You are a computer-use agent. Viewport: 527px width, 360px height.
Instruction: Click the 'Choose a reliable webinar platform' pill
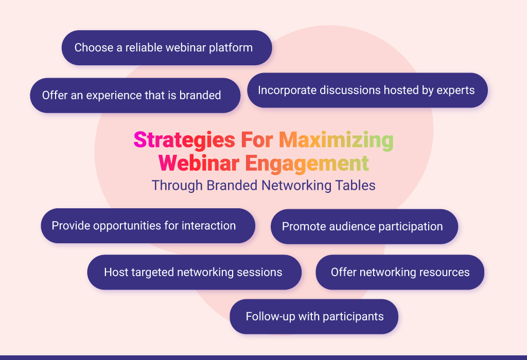coord(167,48)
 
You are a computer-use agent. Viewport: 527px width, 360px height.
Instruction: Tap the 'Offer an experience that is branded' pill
coord(135,95)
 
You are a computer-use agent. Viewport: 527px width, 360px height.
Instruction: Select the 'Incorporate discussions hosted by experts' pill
coord(367,91)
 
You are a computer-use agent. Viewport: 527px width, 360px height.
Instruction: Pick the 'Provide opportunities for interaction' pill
coord(148,226)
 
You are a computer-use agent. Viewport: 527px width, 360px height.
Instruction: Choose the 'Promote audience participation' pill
coord(364,227)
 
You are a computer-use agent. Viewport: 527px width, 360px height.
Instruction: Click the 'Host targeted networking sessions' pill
coord(194,273)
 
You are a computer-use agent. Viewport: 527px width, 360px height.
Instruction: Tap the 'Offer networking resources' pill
coord(400,273)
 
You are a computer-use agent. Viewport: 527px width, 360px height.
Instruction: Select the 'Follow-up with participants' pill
coord(314,317)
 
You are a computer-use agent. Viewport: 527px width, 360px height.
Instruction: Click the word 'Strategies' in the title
coord(184,140)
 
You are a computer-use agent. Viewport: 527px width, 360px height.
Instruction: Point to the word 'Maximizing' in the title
coord(336,140)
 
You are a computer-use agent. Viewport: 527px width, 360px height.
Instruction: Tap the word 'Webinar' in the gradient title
coord(199,163)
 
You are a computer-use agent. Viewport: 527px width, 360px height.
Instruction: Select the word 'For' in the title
coord(257,139)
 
